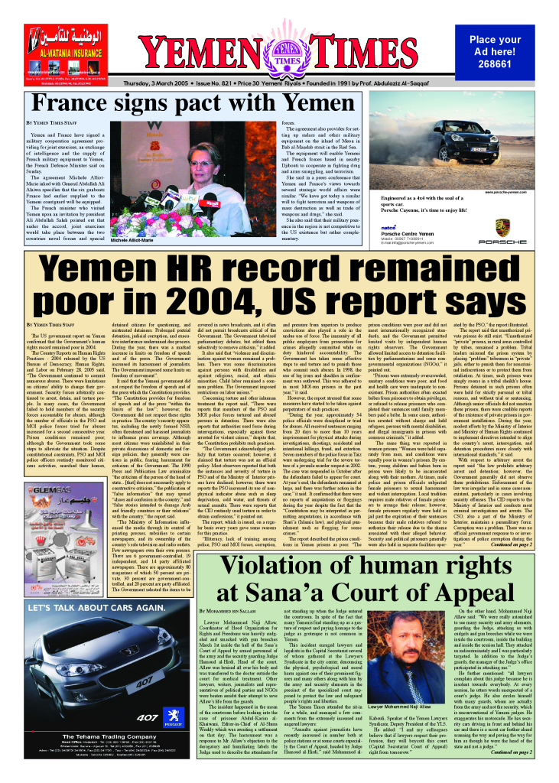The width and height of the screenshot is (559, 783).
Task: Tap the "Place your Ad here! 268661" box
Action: tap(495, 51)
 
